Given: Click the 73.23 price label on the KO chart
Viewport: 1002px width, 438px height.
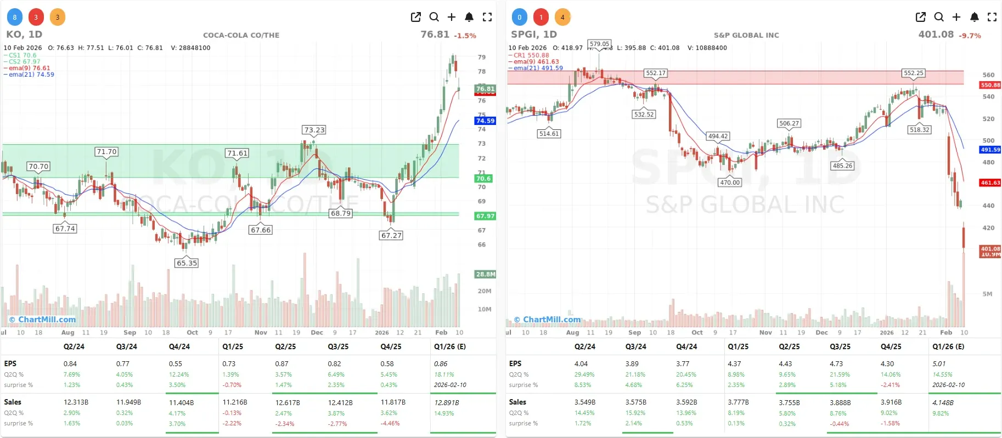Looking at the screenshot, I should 314,130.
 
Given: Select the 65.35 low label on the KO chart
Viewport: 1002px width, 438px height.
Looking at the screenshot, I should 187,263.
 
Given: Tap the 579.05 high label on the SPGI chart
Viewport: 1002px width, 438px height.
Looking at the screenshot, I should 599,44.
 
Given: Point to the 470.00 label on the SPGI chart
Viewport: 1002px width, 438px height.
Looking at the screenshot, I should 730,183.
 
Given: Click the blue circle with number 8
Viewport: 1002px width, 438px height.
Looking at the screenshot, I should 15,17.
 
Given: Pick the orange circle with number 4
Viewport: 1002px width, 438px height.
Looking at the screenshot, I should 562,17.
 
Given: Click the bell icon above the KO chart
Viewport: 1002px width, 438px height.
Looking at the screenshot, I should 469,17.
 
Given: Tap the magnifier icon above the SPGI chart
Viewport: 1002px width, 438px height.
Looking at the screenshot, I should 939,17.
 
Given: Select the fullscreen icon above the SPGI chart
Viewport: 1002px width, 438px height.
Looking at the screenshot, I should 992,17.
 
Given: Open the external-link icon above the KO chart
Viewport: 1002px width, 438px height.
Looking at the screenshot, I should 416,17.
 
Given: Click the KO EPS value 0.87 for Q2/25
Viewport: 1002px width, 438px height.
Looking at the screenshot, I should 282,364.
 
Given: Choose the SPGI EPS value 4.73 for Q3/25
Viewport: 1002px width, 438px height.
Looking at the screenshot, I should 836,364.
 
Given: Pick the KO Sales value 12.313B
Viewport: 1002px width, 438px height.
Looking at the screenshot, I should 76,402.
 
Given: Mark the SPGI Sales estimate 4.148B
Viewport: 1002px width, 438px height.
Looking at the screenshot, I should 943,402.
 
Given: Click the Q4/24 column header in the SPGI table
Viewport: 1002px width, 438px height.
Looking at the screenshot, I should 686,346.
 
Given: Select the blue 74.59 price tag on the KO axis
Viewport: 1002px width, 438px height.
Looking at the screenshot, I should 485,121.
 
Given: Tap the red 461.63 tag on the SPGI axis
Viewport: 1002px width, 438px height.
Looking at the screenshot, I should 990,183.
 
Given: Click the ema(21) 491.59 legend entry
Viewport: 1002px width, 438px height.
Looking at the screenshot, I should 538,68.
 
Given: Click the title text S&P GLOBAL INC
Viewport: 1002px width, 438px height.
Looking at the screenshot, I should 746,35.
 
